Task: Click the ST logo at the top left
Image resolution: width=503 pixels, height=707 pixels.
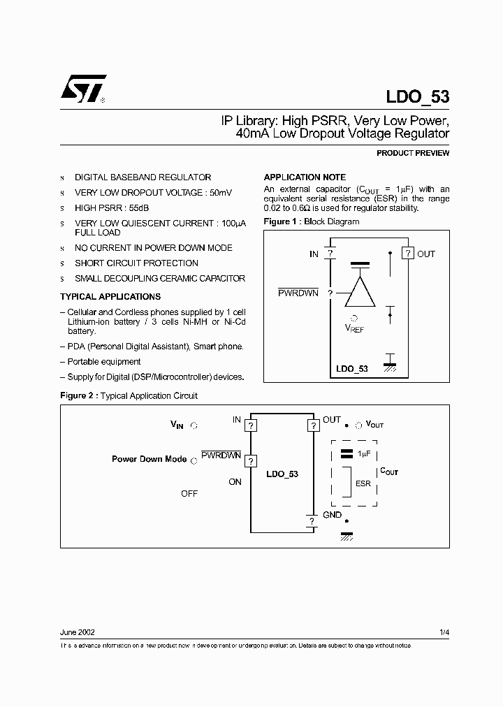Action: pyautogui.click(x=82, y=89)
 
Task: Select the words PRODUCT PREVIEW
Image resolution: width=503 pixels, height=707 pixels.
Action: pyautogui.click(x=413, y=153)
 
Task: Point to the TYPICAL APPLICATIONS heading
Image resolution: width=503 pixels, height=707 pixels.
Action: pyautogui.click(x=110, y=297)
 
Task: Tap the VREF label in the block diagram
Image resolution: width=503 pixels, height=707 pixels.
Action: pyautogui.click(x=354, y=328)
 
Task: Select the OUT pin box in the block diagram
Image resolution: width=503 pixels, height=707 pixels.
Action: pyautogui.click(x=407, y=254)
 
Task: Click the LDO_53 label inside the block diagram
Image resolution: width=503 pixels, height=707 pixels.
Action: pyautogui.click(x=352, y=368)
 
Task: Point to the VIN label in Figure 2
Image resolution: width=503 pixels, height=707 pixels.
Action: pyautogui.click(x=177, y=424)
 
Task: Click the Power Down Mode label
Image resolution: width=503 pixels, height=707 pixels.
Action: pyautogui.click(x=149, y=459)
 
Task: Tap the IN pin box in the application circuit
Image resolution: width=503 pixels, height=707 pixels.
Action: pyautogui.click(x=251, y=425)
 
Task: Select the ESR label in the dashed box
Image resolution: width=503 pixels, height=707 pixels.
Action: pyautogui.click(x=363, y=483)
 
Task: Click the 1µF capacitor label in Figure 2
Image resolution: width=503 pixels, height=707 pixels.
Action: pyautogui.click(x=363, y=453)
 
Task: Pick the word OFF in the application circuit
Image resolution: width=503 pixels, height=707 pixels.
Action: pyautogui.click(x=189, y=493)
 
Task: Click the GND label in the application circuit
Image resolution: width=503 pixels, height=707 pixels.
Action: pyautogui.click(x=332, y=515)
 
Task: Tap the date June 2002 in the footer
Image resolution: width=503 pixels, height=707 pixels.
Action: pyautogui.click(x=78, y=632)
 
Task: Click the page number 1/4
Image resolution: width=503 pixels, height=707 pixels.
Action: pyautogui.click(x=444, y=632)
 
